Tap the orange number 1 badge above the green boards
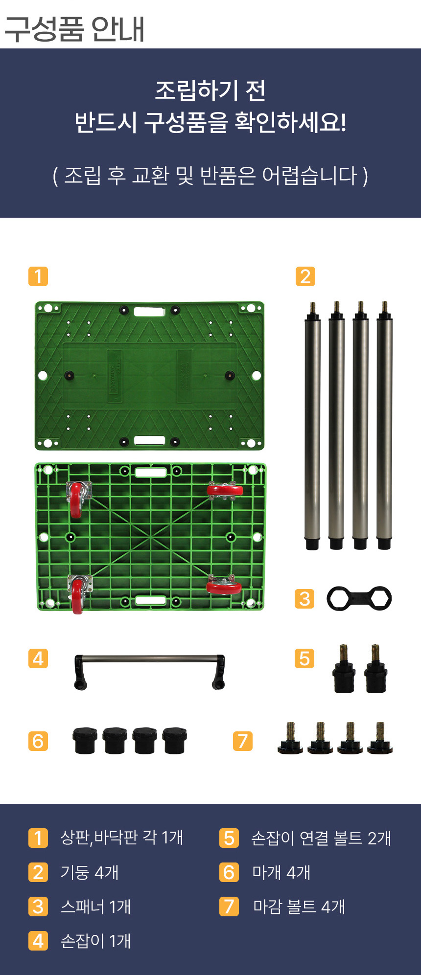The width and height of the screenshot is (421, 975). [x=38, y=276]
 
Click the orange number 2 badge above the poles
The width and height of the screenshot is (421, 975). [x=305, y=276]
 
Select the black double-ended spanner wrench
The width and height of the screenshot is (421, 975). [x=359, y=598]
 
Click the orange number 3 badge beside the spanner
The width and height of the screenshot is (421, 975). [x=304, y=598]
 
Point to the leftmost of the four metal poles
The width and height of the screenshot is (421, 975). [x=312, y=426]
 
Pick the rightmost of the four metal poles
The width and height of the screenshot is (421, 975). [x=384, y=426]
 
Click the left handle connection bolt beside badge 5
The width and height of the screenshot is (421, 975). [x=344, y=668]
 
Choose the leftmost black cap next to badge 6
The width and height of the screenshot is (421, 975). [x=85, y=741]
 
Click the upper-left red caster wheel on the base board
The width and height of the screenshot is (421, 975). [x=77, y=499]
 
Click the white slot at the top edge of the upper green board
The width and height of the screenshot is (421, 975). [x=149, y=312]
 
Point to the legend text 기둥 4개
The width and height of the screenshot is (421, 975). [x=90, y=872]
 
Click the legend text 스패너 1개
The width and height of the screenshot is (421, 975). [x=95, y=907]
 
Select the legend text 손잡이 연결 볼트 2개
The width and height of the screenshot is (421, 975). [x=321, y=838]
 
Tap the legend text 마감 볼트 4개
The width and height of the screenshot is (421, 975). [x=299, y=907]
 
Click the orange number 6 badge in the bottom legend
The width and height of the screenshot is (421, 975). [x=229, y=872]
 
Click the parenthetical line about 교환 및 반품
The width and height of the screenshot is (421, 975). [x=210, y=176]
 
